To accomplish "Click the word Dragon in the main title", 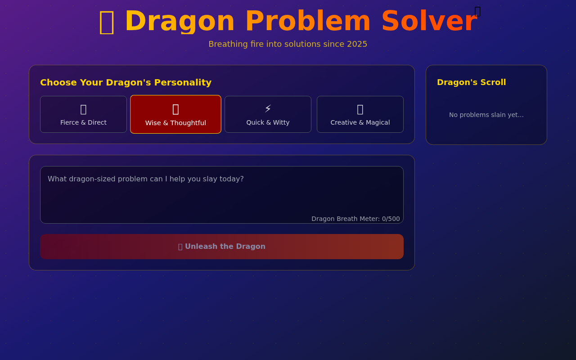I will click(x=180, y=21).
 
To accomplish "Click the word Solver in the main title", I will click(x=428, y=21).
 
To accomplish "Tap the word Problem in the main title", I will click(x=308, y=21).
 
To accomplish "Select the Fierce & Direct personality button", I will click(x=83, y=114).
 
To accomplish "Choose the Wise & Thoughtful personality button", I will click(x=175, y=114).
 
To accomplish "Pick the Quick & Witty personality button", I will click(x=268, y=114).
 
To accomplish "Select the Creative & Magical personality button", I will click(x=360, y=114).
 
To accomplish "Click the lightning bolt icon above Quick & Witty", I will click(x=268, y=109).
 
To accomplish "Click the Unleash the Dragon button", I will click(x=222, y=247).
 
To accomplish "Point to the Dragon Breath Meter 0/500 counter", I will click(x=355, y=219).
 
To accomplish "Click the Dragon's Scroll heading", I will click(x=471, y=82).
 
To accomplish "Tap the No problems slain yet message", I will click(x=486, y=115).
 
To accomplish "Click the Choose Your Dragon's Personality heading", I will click(x=126, y=82).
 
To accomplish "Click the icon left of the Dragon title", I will click(x=107, y=22).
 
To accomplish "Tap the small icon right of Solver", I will click(x=477, y=11).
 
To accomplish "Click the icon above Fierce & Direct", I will click(x=83, y=109).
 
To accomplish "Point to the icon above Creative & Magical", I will click(x=360, y=109).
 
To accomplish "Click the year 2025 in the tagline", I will click(x=357, y=44).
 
